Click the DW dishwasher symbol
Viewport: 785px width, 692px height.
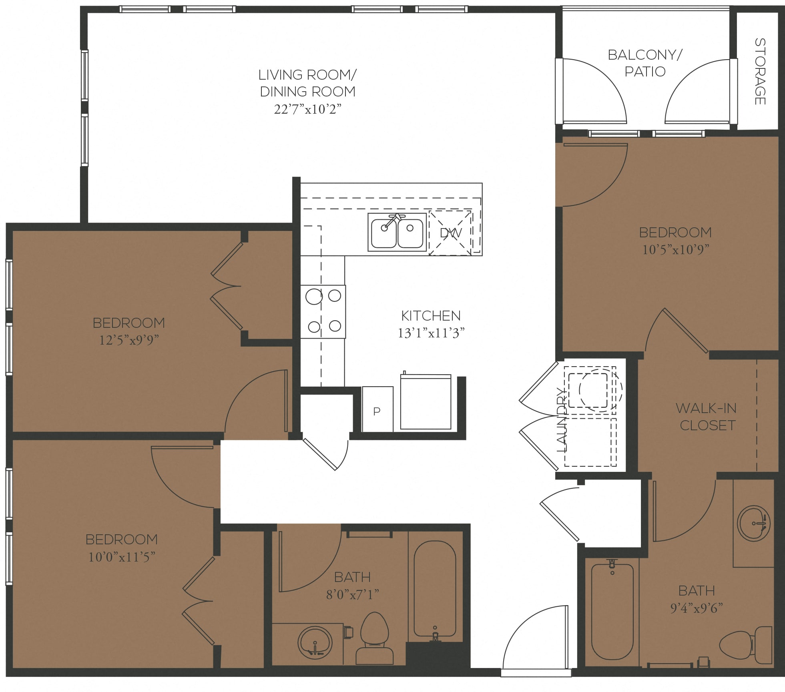point(450,233)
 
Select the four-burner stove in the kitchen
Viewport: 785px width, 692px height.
point(323,311)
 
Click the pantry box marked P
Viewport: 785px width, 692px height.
point(377,409)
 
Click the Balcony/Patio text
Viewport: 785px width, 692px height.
point(644,63)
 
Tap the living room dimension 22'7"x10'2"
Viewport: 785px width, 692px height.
point(307,109)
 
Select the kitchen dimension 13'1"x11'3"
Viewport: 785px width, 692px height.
point(431,333)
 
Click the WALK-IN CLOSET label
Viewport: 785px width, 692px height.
point(707,417)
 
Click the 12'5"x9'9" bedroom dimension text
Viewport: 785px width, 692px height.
point(129,340)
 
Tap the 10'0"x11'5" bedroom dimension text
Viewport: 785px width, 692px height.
point(122,557)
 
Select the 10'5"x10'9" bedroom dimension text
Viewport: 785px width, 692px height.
point(675,250)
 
